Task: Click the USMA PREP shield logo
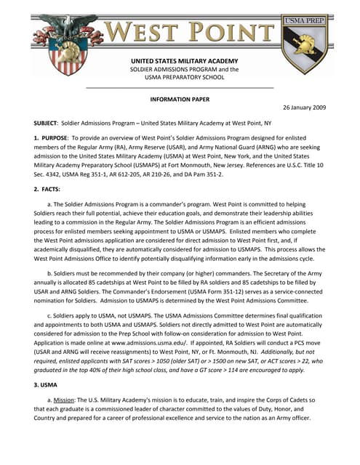305,44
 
